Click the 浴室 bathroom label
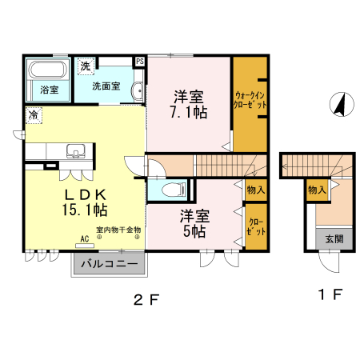coord(49,90)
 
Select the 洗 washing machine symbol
coord(84,66)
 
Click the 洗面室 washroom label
coord(106,86)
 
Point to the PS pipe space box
coord(140,61)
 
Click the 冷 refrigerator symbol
coord(34,116)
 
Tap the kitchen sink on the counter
coord(77,150)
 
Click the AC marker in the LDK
coord(84,238)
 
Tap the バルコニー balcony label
coord(110,263)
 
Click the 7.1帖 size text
coord(190,112)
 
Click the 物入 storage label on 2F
coord(255,190)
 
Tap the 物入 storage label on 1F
coord(317,190)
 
